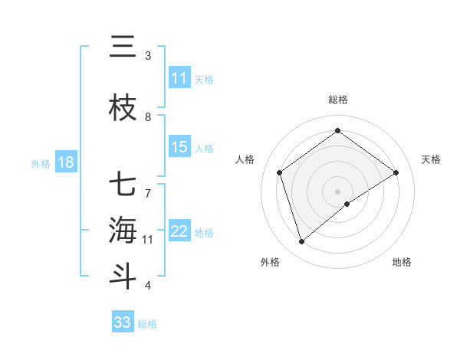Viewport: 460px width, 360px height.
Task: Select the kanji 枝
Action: pyautogui.click(x=123, y=110)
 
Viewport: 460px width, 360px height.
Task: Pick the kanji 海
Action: pyautogui.click(x=123, y=231)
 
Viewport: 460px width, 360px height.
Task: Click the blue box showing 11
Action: pyautogui.click(x=179, y=78)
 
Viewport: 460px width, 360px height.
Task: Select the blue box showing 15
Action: pyautogui.click(x=179, y=147)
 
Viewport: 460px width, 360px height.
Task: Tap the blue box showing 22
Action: pyautogui.click(x=179, y=231)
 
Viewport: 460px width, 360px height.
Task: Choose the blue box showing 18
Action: pyautogui.click(x=65, y=162)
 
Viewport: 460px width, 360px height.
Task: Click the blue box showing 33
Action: pyautogui.click(x=122, y=322)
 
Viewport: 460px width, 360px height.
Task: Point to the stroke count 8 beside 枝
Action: pyautogui.click(x=148, y=117)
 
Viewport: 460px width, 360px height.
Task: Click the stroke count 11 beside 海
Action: pyautogui.click(x=148, y=240)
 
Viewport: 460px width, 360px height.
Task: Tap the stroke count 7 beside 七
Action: pyautogui.click(x=148, y=186)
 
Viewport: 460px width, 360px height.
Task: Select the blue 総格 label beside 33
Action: pyautogui.click(x=147, y=324)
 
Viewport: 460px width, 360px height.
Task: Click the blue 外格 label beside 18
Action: pyautogui.click(x=40, y=163)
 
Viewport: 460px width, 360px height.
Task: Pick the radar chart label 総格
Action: pyautogui.click(x=337, y=100)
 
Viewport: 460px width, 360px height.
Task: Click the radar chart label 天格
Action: pyautogui.click(x=431, y=159)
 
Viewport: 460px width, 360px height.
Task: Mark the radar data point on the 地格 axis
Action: pyautogui.click(x=347, y=204)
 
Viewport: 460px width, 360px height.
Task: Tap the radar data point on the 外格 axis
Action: pyautogui.click(x=302, y=242)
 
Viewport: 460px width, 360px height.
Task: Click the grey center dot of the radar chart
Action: pyautogui.click(x=337, y=191)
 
